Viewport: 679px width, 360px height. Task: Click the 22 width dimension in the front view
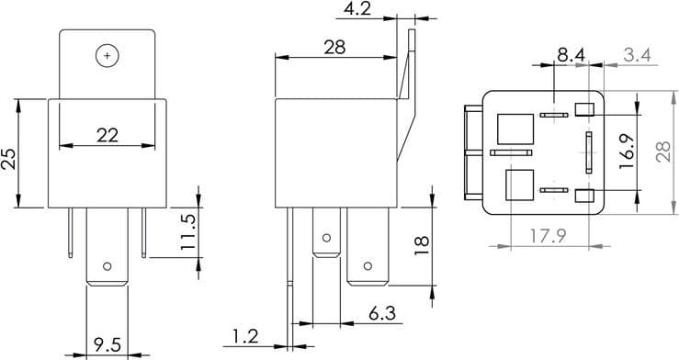pos(108,135)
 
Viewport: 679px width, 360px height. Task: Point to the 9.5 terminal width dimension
pos(108,345)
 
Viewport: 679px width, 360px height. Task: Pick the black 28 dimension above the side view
pos(334,47)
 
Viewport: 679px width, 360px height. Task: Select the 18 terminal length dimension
pos(421,244)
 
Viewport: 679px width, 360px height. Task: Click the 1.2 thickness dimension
pos(245,337)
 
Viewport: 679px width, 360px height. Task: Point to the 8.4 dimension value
pos(571,55)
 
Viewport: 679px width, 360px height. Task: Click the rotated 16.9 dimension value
pos(628,148)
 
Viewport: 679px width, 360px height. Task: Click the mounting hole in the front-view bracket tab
pos(108,55)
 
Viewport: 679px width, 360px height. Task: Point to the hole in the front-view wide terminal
pos(108,267)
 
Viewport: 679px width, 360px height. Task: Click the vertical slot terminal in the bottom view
pos(586,152)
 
